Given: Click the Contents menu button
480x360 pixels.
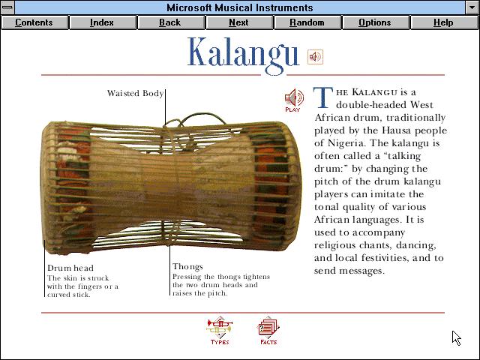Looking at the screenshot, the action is coord(34,22).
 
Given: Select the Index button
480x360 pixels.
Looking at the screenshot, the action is coord(102,22).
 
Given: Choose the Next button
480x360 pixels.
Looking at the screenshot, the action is coord(238,22).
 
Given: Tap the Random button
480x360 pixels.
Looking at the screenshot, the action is coord(307,22).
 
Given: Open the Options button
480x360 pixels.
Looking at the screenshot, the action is coord(375,22).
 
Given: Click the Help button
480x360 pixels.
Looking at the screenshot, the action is coord(444,22).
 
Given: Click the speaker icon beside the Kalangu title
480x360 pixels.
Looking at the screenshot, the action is coord(315,57).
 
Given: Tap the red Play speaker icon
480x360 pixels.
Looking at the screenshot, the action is coord(294,100).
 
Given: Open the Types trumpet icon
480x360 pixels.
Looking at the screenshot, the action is coord(220,330).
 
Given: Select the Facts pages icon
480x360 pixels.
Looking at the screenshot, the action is coord(268,330).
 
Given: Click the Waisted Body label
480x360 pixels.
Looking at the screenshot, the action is coord(135,93).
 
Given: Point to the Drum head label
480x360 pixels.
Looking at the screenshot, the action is coord(70,268).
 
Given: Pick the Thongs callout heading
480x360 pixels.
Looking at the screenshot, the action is coord(187,267).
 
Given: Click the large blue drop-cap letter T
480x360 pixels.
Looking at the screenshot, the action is coord(323,97).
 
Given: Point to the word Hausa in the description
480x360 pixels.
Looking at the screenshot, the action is coord(398,130).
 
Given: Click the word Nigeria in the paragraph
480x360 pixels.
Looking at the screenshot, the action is coord(346,143).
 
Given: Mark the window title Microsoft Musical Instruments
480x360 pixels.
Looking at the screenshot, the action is coord(240,7).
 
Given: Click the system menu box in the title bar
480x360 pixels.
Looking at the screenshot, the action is coord(7,7).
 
